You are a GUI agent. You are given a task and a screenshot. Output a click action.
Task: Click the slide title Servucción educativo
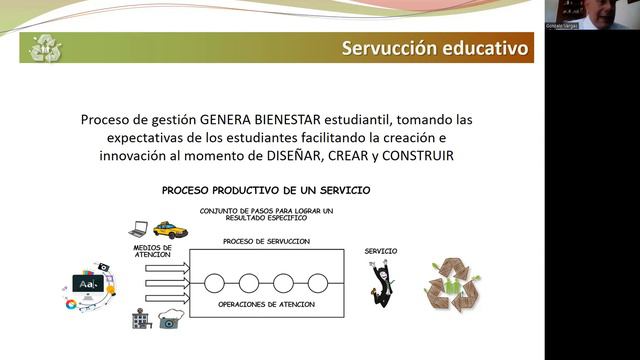[x=435, y=48]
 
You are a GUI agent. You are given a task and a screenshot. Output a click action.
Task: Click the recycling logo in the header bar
[x=45, y=47]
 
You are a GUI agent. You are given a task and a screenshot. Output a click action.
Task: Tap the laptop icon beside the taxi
[x=138, y=229]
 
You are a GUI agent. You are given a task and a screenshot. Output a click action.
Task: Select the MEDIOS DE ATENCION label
[x=152, y=250]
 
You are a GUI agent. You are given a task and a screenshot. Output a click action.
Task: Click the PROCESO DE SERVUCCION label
[x=266, y=242]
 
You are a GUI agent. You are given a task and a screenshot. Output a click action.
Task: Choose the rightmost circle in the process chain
[x=317, y=282]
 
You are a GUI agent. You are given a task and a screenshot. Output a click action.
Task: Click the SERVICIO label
[x=380, y=251]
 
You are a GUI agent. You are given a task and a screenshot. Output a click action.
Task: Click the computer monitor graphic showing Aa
[x=89, y=285]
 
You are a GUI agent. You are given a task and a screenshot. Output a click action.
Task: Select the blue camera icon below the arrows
[x=170, y=320]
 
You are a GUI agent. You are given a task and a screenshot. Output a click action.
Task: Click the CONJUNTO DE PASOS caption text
[x=266, y=214]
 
